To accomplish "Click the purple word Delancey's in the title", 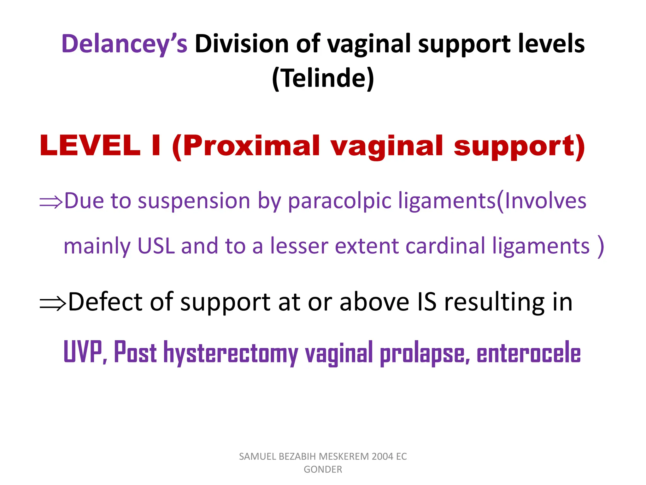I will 124,44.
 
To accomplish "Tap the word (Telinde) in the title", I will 323,78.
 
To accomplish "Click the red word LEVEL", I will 90,146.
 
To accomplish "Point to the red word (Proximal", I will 246,146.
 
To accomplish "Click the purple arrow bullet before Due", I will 51,202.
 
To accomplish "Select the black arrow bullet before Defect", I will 52,303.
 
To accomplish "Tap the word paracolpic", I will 339,201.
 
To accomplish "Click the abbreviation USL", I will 156,246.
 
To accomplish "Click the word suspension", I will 194,201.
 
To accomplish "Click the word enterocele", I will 528,353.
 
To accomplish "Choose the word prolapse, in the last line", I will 424,353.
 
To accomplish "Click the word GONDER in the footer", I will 323,470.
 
